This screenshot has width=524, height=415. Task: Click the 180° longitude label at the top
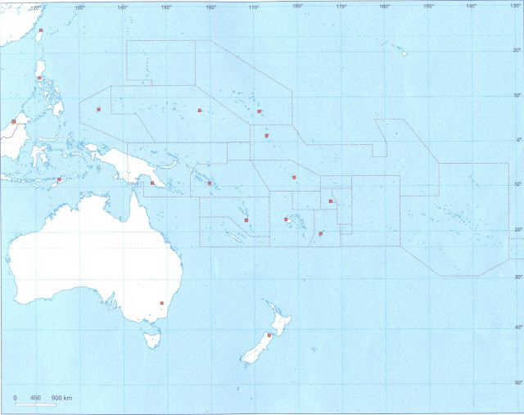pos(297,6)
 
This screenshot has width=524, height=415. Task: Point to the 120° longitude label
pos(34,7)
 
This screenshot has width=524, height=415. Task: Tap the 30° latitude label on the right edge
pos(517,277)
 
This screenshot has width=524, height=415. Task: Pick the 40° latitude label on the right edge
pos(517,327)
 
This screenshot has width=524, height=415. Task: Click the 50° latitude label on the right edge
pos(517,382)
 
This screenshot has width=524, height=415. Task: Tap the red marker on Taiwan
pos(41,30)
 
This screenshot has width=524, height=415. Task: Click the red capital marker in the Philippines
pos(39,79)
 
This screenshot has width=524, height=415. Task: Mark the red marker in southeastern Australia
pos(162,304)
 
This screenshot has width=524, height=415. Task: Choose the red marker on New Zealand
pos(269,336)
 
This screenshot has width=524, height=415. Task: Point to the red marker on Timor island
pos(59,179)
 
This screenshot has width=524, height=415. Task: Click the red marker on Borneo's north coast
pos(14,121)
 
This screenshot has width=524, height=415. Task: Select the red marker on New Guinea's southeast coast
pos(152,183)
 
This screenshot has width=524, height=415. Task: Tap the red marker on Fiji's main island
pos(286,219)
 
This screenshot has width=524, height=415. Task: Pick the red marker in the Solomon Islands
pos(210,183)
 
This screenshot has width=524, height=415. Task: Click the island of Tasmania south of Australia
pos(151,337)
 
